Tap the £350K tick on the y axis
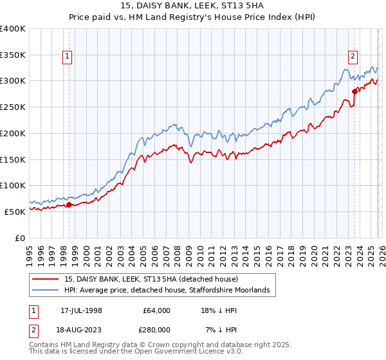(x=13, y=55)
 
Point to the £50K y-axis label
(x=15, y=212)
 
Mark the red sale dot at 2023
(x=354, y=92)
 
